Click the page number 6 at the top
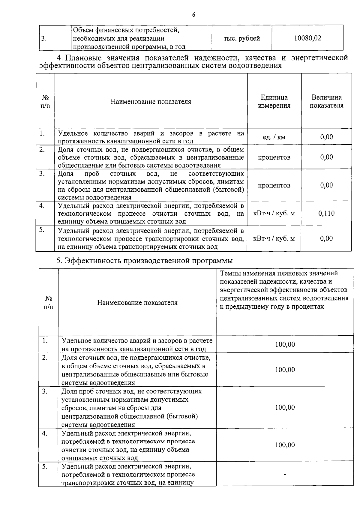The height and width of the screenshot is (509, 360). (x=193, y=15)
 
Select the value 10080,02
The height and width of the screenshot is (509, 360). (x=307, y=38)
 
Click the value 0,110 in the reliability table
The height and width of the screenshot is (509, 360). (x=326, y=213)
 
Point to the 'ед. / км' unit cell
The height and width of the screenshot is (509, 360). (x=274, y=137)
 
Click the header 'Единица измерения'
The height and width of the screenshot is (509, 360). (x=274, y=101)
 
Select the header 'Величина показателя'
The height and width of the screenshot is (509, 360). (x=326, y=101)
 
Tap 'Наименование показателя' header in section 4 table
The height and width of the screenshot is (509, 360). (x=151, y=102)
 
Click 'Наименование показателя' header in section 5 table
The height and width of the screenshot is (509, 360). (x=137, y=303)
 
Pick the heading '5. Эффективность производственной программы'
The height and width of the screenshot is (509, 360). (x=145, y=261)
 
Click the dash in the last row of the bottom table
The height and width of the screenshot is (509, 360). (x=285, y=475)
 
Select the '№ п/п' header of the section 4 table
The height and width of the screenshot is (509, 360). (x=45, y=101)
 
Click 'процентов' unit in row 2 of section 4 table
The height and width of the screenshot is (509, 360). (x=274, y=157)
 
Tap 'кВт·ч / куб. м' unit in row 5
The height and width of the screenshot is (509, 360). (x=274, y=238)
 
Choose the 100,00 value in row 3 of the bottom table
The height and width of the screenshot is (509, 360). (x=285, y=407)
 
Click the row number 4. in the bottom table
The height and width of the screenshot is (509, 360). (x=45, y=434)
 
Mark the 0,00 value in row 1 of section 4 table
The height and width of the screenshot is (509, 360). (x=326, y=137)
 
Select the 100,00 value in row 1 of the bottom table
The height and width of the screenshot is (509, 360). (x=285, y=344)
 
